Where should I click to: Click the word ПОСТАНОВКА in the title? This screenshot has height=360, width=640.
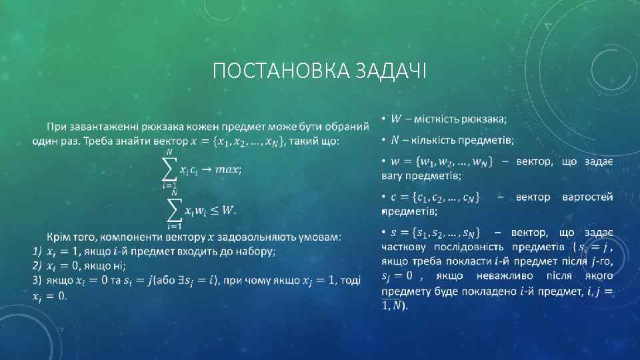tap(267, 69)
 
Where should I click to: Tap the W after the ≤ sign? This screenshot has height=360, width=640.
tap(227, 211)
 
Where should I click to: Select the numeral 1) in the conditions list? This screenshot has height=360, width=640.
tap(37, 251)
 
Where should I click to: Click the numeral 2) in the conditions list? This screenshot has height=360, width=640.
tap(37, 265)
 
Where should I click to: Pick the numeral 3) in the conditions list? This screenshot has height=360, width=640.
tap(37, 280)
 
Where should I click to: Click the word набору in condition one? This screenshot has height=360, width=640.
tap(255, 251)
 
